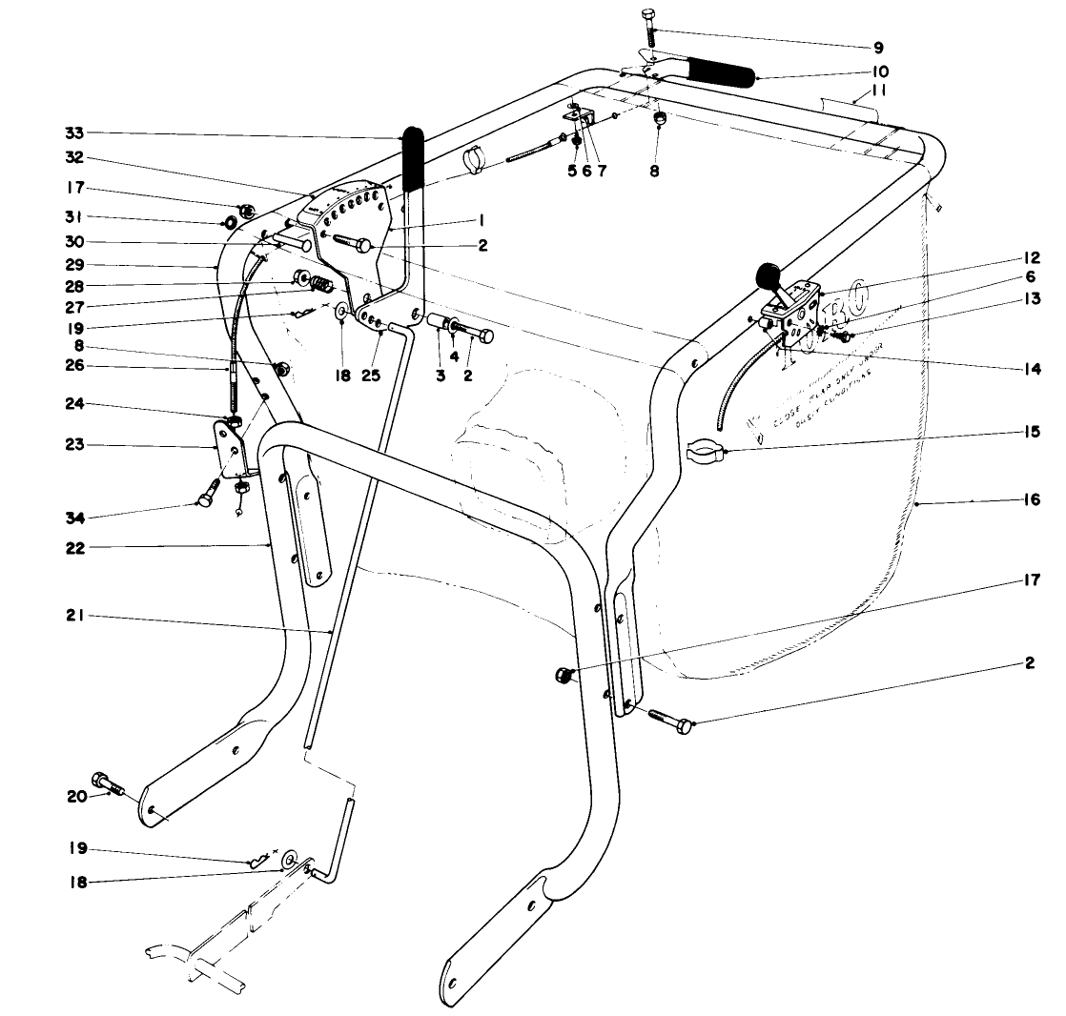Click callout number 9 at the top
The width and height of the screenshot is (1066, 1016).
pos(877,47)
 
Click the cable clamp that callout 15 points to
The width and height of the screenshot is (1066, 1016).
pos(704,451)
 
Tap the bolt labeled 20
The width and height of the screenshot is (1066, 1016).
pos(106,785)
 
